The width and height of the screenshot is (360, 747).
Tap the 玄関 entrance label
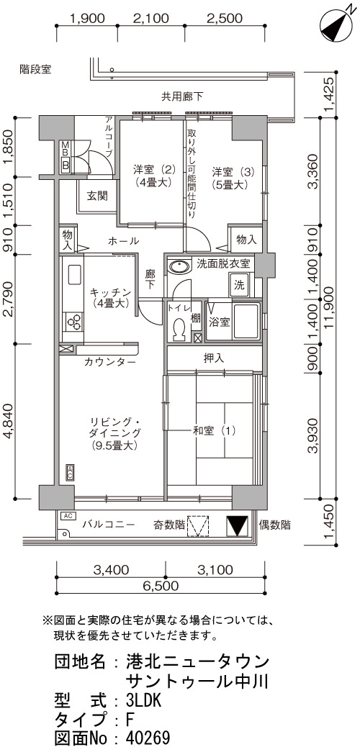click(96, 195)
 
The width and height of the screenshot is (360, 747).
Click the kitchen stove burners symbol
click(73, 322)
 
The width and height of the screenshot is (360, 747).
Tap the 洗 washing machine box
click(240, 286)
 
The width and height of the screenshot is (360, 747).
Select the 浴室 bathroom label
click(220, 322)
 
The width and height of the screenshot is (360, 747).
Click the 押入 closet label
click(213, 358)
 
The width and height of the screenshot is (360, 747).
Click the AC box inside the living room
click(70, 473)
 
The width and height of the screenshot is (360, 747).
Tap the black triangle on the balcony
click(237, 526)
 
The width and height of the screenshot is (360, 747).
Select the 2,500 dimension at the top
click(225, 19)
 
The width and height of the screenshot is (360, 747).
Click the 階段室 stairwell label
click(35, 70)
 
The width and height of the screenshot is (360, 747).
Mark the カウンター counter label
click(110, 362)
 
